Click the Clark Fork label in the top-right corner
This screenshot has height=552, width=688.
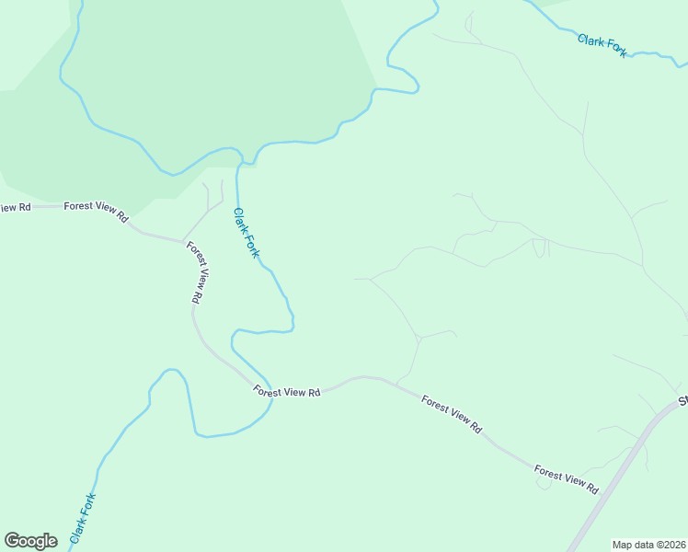pos(602,45)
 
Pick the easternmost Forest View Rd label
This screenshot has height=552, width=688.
pos(567,478)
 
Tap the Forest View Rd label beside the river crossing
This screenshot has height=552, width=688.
pos(288,392)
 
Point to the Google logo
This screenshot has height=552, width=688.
pos(30,541)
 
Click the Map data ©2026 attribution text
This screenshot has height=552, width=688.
pos(649,545)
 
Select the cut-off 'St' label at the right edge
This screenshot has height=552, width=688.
pos(683,401)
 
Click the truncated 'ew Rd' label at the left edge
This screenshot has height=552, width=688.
pos(15,208)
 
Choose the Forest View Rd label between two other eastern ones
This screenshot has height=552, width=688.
pos(452,414)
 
